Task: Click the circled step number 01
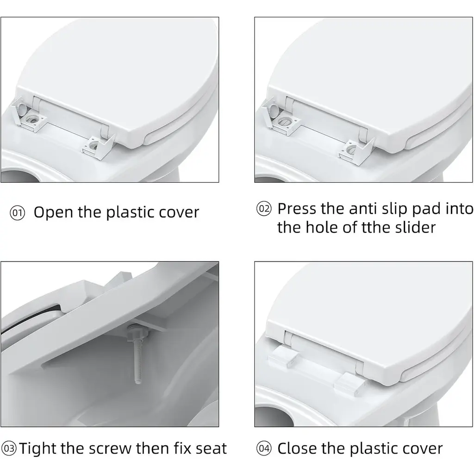(x=17, y=213)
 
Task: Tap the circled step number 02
(x=264, y=209)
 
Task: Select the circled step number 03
(x=9, y=448)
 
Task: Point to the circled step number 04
(x=264, y=448)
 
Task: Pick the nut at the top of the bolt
(x=138, y=331)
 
